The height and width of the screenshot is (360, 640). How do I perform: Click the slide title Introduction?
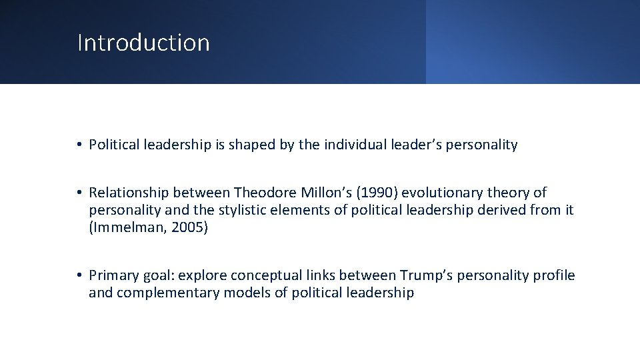tap(143, 43)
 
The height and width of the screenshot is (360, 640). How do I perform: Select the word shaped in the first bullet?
tap(249, 145)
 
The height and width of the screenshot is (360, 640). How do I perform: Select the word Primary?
tap(113, 276)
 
